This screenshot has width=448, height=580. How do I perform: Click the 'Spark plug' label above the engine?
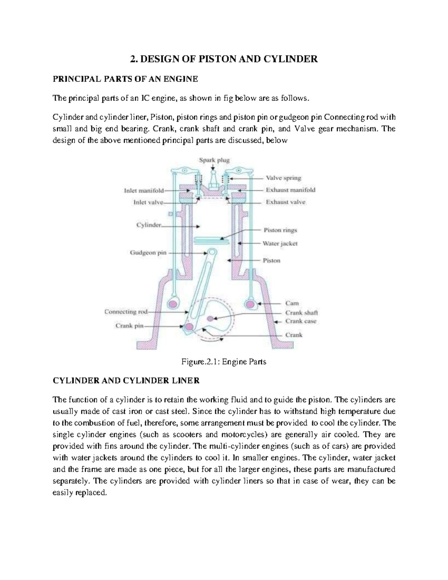point(214,160)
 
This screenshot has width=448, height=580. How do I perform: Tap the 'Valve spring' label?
point(283,178)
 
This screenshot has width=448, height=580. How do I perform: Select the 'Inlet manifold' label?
point(144,190)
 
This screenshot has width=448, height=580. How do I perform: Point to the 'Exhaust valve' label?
point(285,202)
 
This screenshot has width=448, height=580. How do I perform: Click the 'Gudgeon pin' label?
point(148,252)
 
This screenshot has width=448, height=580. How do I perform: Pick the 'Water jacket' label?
point(280,244)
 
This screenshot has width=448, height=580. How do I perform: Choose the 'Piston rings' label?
point(280,230)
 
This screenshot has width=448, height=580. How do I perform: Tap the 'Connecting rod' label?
point(126,311)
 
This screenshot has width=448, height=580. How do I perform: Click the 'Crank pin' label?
point(129,326)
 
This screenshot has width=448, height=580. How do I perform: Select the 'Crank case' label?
point(301,321)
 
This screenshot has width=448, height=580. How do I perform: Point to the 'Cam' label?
point(292,303)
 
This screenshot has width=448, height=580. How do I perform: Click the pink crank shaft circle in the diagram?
point(210,318)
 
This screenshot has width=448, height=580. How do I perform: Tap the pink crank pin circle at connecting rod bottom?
point(189,327)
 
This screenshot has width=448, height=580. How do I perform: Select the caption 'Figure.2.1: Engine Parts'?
point(224,362)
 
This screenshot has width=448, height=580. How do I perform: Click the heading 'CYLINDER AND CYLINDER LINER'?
point(126,381)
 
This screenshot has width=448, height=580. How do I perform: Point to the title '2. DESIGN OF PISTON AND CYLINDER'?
point(224,59)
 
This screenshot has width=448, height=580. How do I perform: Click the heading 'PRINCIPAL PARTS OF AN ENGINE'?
point(125,79)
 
